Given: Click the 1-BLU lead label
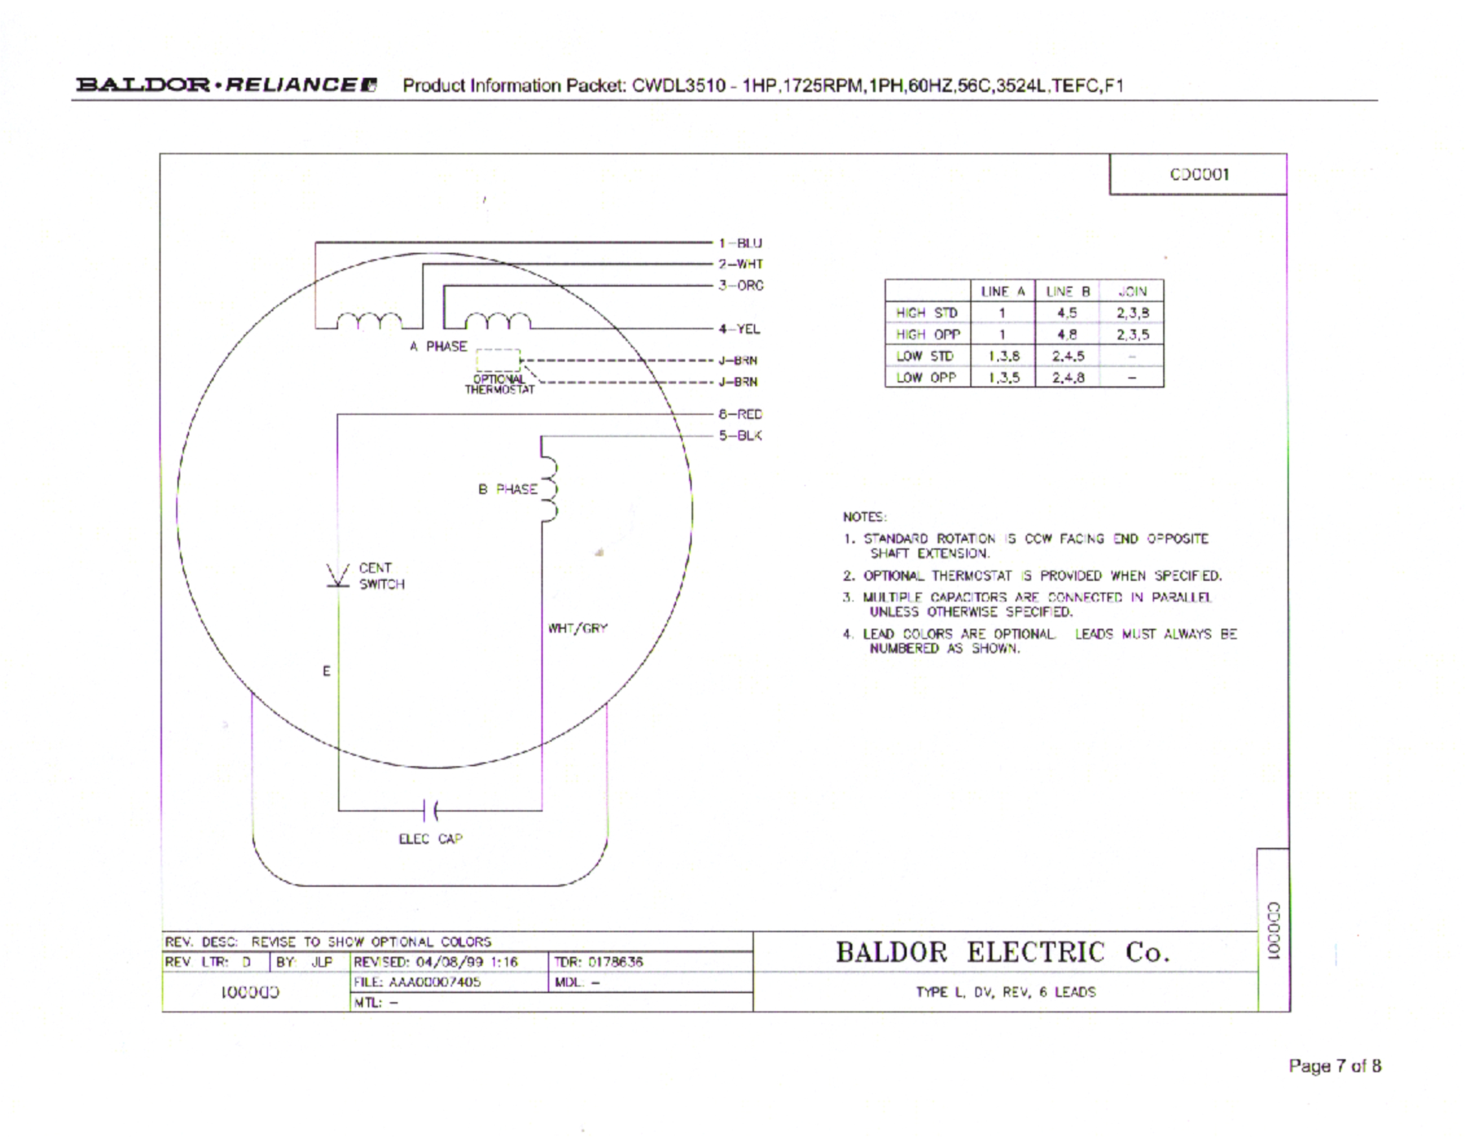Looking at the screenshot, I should pos(740,243).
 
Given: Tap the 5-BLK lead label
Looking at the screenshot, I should pos(740,436).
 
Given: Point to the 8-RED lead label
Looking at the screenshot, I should pos(740,414).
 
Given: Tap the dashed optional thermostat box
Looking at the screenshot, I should pos(497,360).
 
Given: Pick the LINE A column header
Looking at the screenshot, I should pos(1003,291).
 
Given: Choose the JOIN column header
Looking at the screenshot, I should pos(1132,291).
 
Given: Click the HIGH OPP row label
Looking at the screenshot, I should pos(927,334).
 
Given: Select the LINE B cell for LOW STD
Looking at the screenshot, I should pos(1067,356).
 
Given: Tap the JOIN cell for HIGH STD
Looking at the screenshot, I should pos(1132,313).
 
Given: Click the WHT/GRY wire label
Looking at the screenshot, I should pos(578,628).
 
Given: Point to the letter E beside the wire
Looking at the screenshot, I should pos(326,671).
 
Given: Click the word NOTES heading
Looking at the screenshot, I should pos(865,517).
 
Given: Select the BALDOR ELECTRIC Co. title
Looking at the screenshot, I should pos(1002,952).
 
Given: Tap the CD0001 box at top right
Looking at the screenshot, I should pos(1199,174).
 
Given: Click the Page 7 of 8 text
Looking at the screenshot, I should pos(1334,1066).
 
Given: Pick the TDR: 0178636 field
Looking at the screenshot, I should pos(598,962).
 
